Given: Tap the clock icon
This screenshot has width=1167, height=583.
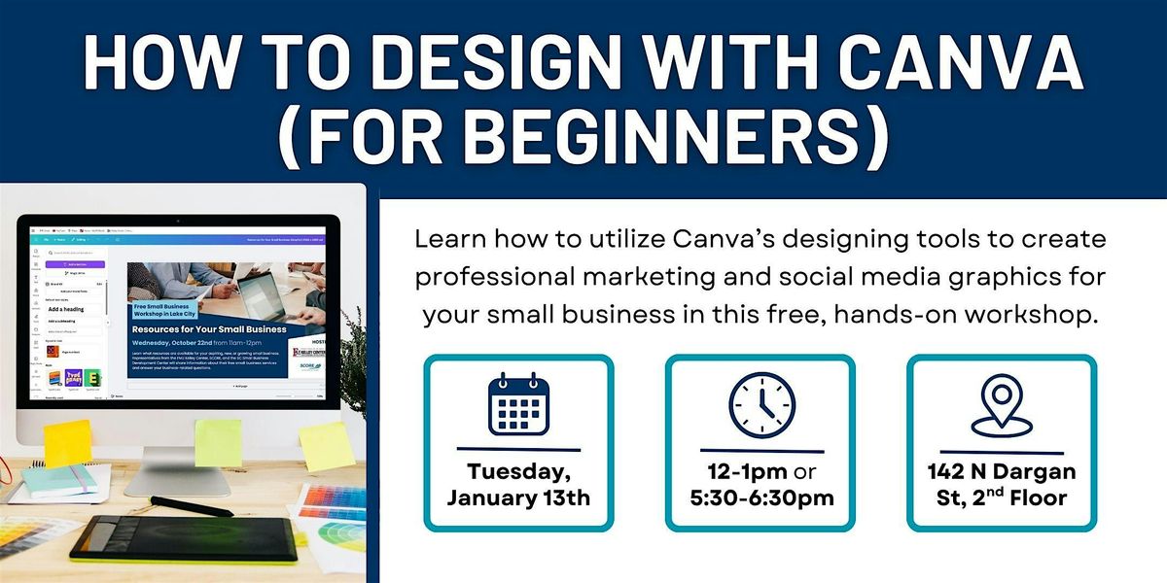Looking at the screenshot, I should click(760, 403).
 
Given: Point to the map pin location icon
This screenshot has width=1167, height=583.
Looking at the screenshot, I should click(1002, 403).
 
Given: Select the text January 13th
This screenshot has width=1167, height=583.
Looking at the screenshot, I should click(517, 498).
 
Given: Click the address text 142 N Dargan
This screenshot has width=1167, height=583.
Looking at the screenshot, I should click(1002, 472).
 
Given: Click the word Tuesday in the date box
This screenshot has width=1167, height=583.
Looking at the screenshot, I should click(517, 472).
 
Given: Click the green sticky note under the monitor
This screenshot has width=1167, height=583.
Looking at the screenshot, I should click(218, 442).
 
